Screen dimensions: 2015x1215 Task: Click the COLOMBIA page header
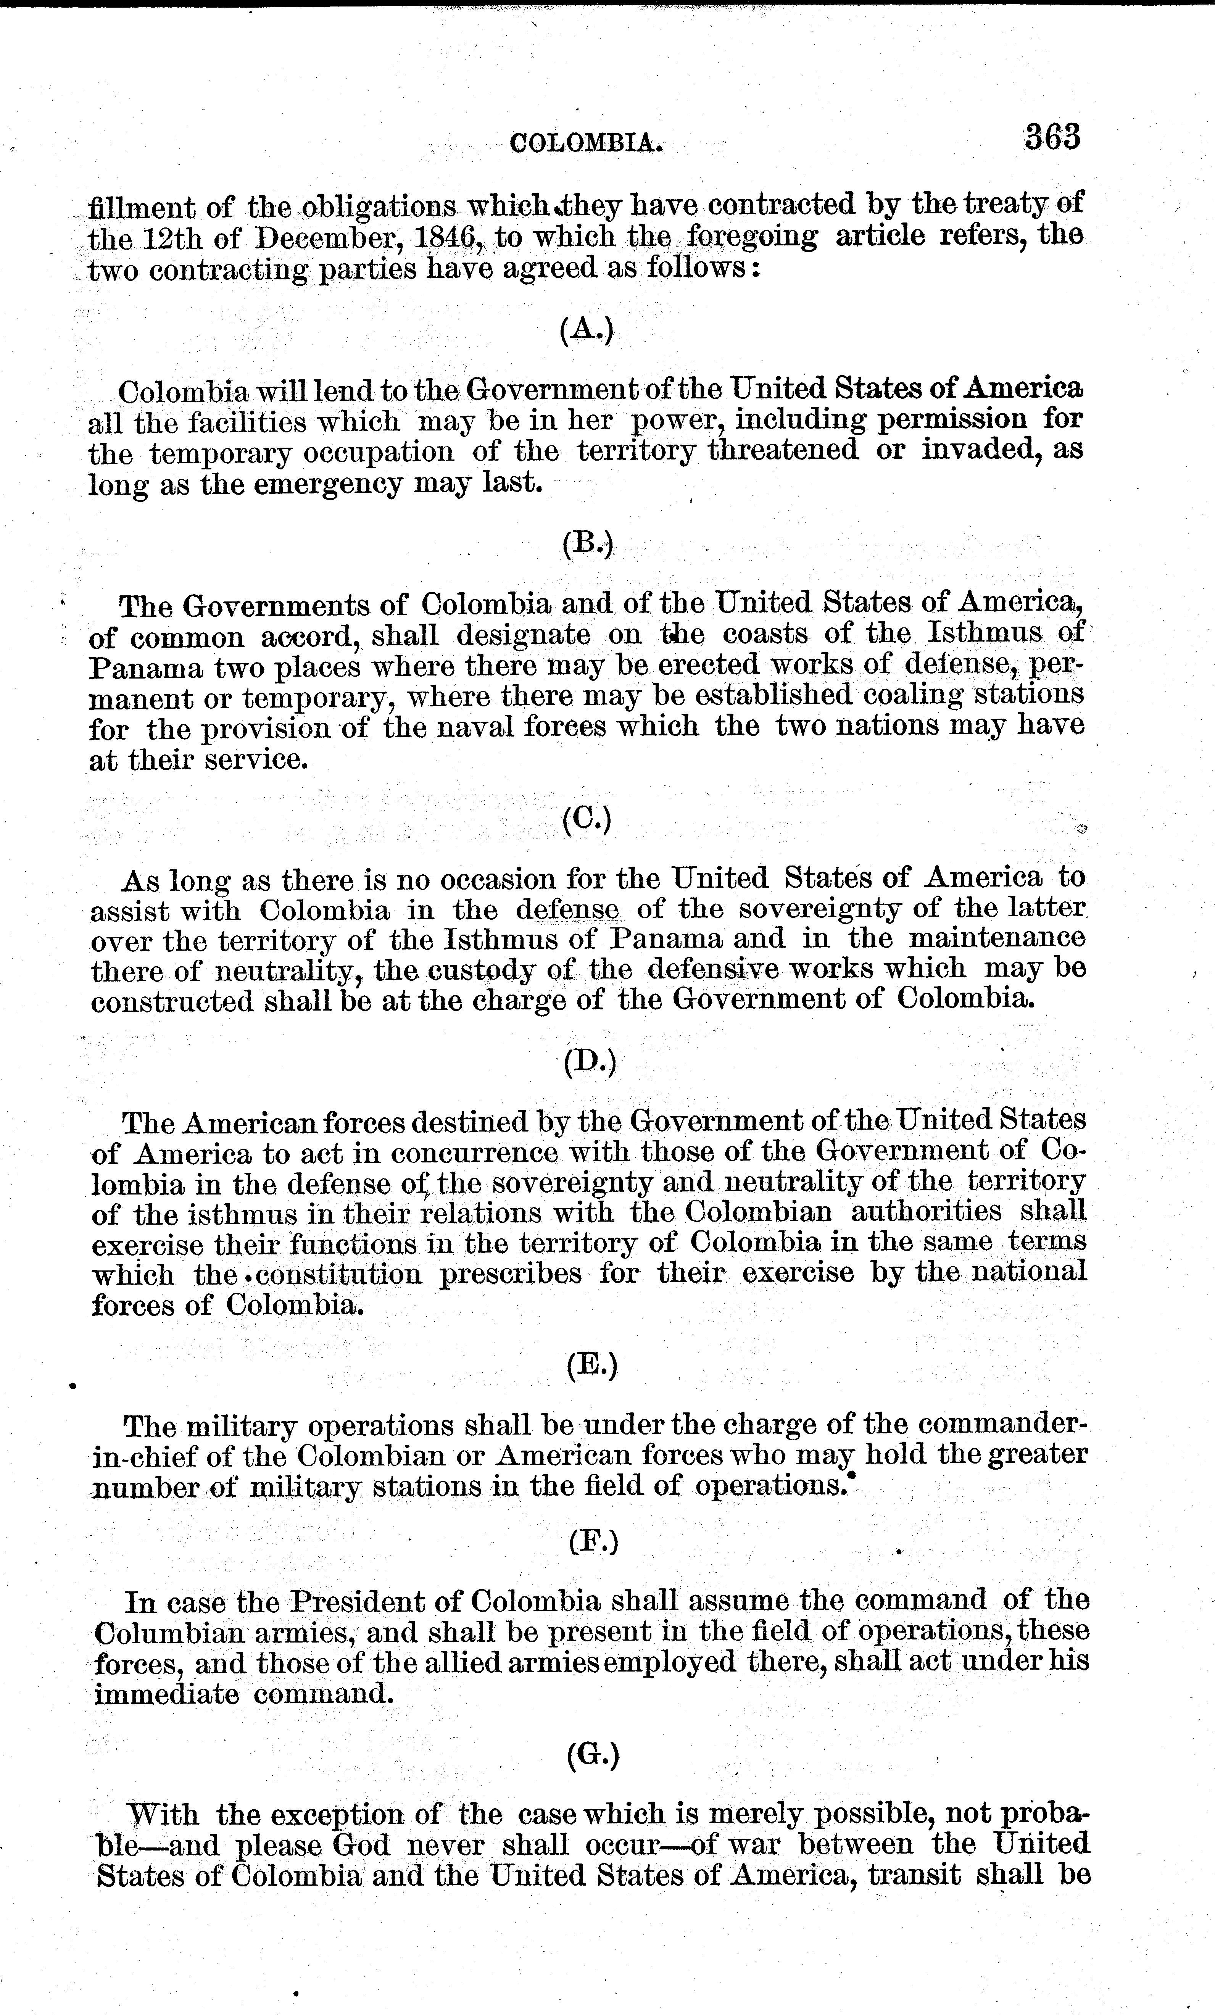coord(585,145)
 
